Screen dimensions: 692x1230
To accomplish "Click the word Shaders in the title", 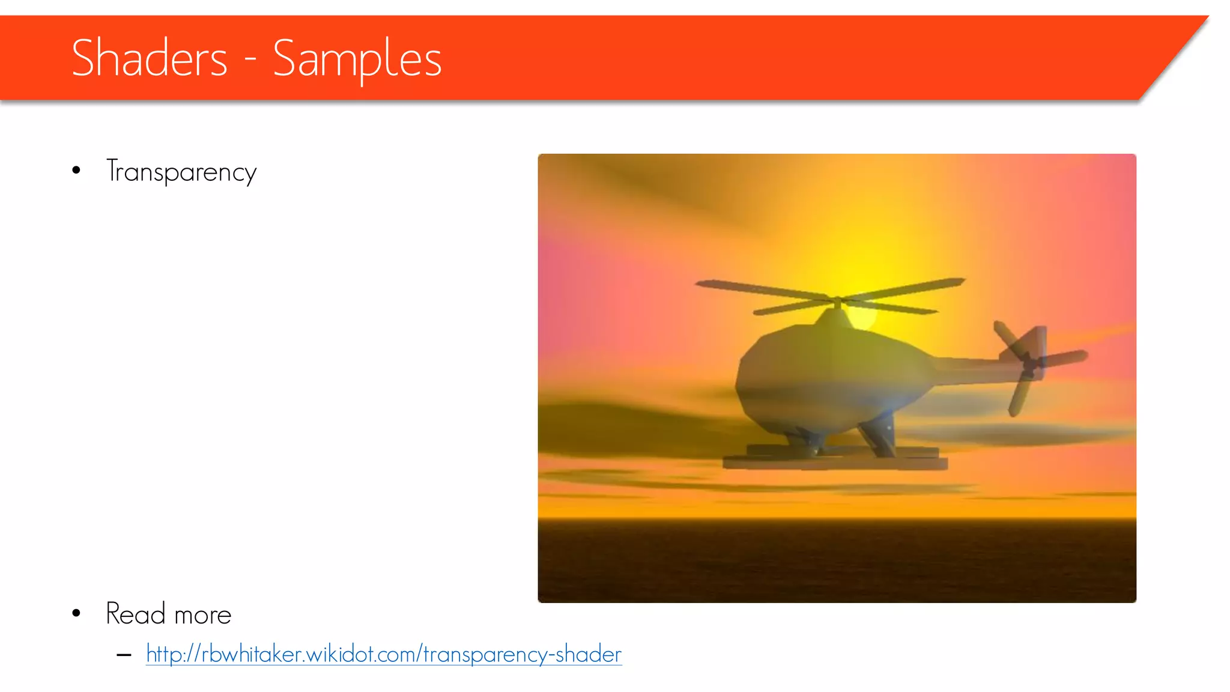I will pos(149,58).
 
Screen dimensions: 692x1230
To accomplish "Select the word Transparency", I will pos(181,172).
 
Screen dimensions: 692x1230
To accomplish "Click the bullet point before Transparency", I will pos(76,171).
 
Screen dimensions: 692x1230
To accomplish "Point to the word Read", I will pos(135,614).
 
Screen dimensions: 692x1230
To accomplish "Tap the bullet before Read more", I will pos(76,613).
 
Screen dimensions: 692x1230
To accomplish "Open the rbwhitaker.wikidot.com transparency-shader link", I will pos(384,654).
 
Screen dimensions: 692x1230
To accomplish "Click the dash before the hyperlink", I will pos(124,655).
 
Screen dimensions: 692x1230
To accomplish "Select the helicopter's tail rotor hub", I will pos(1029,364).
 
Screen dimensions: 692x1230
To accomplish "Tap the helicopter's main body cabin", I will pos(832,378).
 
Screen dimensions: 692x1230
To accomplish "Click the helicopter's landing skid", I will pos(835,463).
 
